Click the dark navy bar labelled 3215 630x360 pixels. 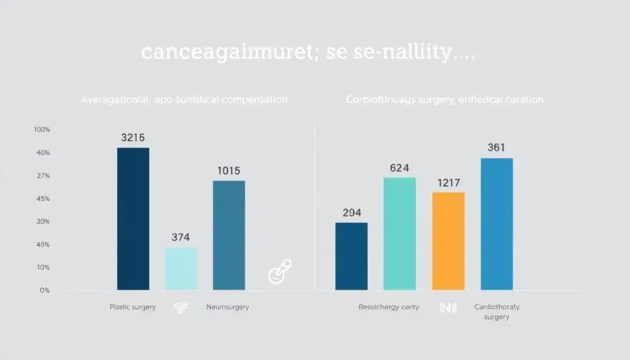(x=133, y=218)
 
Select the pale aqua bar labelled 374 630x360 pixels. (x=181, y=268)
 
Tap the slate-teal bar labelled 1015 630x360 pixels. (x=229, y=235)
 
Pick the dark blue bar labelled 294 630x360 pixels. (x=351, y=256)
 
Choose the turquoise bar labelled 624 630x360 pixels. (x=399, y=233)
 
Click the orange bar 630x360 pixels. (x=448, y=241)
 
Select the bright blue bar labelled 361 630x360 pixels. (x=496, y=224)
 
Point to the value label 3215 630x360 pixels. (x=133, y=138)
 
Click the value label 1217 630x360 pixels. (x=448, y=183)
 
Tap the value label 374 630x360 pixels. (x=180, y=237)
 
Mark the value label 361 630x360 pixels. (x=496, y=148)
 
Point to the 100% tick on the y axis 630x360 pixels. (x=42, y=130)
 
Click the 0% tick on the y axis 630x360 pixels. (x=44, y=290)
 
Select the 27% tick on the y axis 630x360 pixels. (x=42, y=176)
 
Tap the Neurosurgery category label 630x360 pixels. (x=228, y=306)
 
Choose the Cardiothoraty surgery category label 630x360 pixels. (x=497, y=311)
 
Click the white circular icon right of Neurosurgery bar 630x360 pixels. (x=280, y=271)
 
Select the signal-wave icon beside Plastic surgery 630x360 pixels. (x=181, y=307)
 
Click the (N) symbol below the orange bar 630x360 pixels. (x=448, y=307)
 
